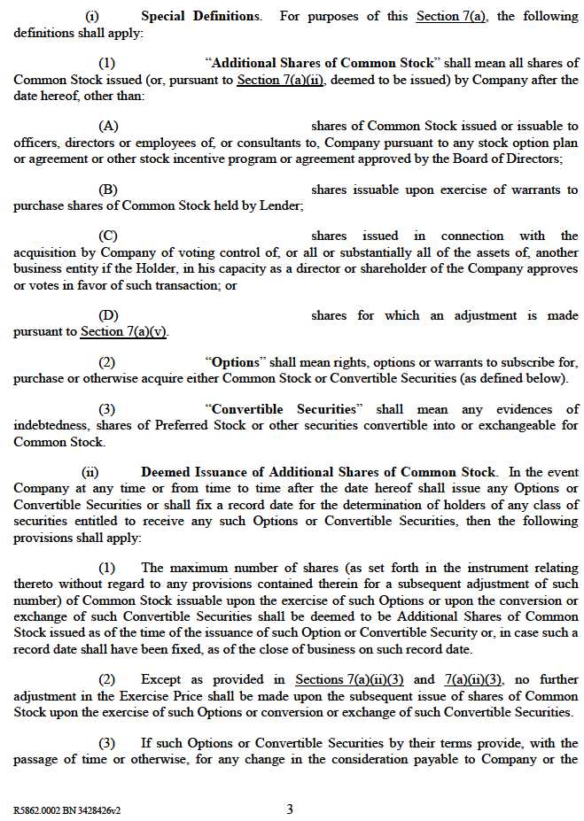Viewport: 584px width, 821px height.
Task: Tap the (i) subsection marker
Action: click(x=92, y=16)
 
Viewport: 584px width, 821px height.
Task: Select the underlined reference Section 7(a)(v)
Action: click(x=123, y=332)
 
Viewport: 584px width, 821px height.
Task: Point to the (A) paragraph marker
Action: click(x=108, y=127)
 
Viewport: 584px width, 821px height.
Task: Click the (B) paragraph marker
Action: click(x=108, y=190)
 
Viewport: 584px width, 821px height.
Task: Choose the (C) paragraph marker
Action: click(x=108, y=236)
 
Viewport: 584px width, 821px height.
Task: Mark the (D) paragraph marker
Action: click(x=108, y=316)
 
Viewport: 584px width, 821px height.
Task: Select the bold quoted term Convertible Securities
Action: click(x=284, y=410)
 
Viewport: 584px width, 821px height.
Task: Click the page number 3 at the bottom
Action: click(x=290, y=809)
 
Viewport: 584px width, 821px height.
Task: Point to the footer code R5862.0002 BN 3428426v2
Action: click(x=67, y=809)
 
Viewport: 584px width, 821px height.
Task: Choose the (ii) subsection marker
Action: click(x=90, y=473)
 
